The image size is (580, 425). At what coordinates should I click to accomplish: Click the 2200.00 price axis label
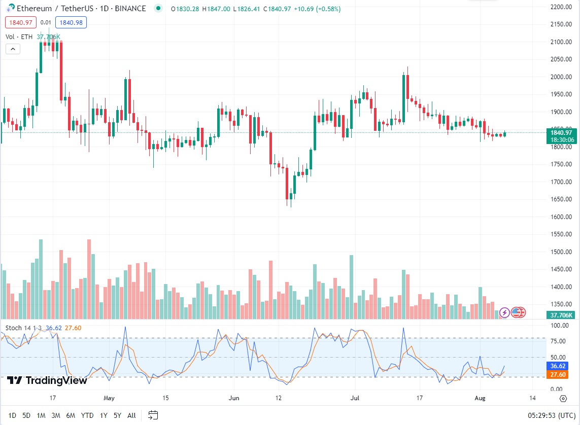[x=561, y=7]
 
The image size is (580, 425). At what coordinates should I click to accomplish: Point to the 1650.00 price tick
[x=561, y=199]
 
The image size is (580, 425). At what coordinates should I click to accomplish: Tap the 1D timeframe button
[x=12, y=415]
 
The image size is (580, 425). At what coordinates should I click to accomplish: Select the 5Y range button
[x=117, y=415]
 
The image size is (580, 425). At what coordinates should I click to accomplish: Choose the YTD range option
[x=87, y=415]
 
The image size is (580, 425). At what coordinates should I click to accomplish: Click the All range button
[x=131, y=415]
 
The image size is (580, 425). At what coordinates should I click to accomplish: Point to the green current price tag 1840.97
[x=561, y=133]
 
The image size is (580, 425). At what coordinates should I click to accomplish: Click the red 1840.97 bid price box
[x=20, y=22]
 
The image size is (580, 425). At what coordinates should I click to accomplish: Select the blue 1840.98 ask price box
[x=72, y=22]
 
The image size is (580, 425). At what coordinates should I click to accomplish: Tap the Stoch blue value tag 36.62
[x=561, y=366]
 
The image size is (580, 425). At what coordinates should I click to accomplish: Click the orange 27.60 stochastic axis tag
[x=561, y=375]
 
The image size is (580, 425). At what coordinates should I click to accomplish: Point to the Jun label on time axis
[x=233, y=398]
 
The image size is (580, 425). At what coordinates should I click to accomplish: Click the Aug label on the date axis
[x=480, y=398]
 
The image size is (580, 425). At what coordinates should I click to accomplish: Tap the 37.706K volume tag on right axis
[x=561, y=315]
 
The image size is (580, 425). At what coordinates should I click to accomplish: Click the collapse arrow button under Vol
[x=13, y=49]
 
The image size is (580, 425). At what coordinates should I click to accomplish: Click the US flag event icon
[x=518, y=312]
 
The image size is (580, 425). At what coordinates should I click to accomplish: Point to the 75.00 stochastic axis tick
[x=561, y=341]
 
